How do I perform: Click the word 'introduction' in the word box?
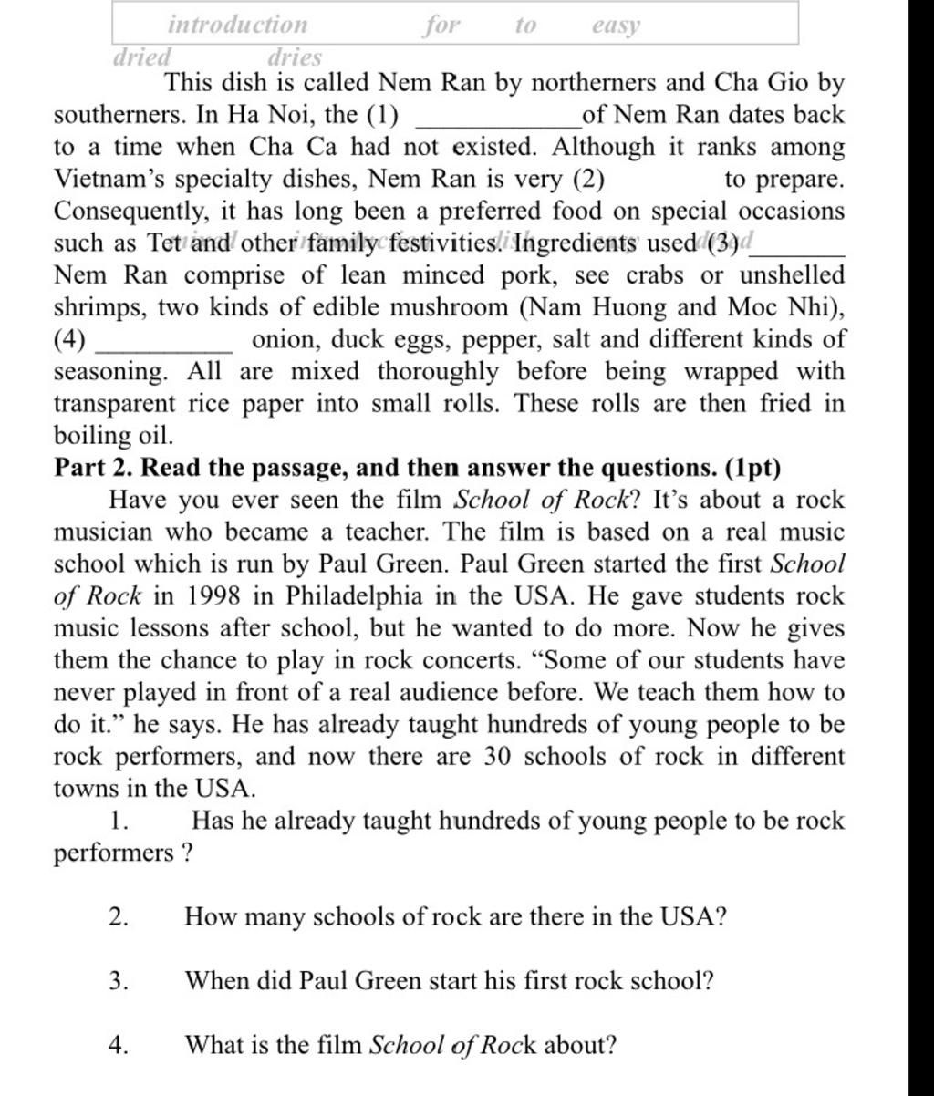pyautogui.click(x=238, y=25)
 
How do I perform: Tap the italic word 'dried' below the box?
pyautogui.click(x=140, y=57)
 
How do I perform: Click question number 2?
pyautogui.click(x=118, y=916)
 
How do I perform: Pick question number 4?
pyautogui.click(x=118, y=1044)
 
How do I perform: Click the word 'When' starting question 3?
pyautogui.click(x=213, y=980)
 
